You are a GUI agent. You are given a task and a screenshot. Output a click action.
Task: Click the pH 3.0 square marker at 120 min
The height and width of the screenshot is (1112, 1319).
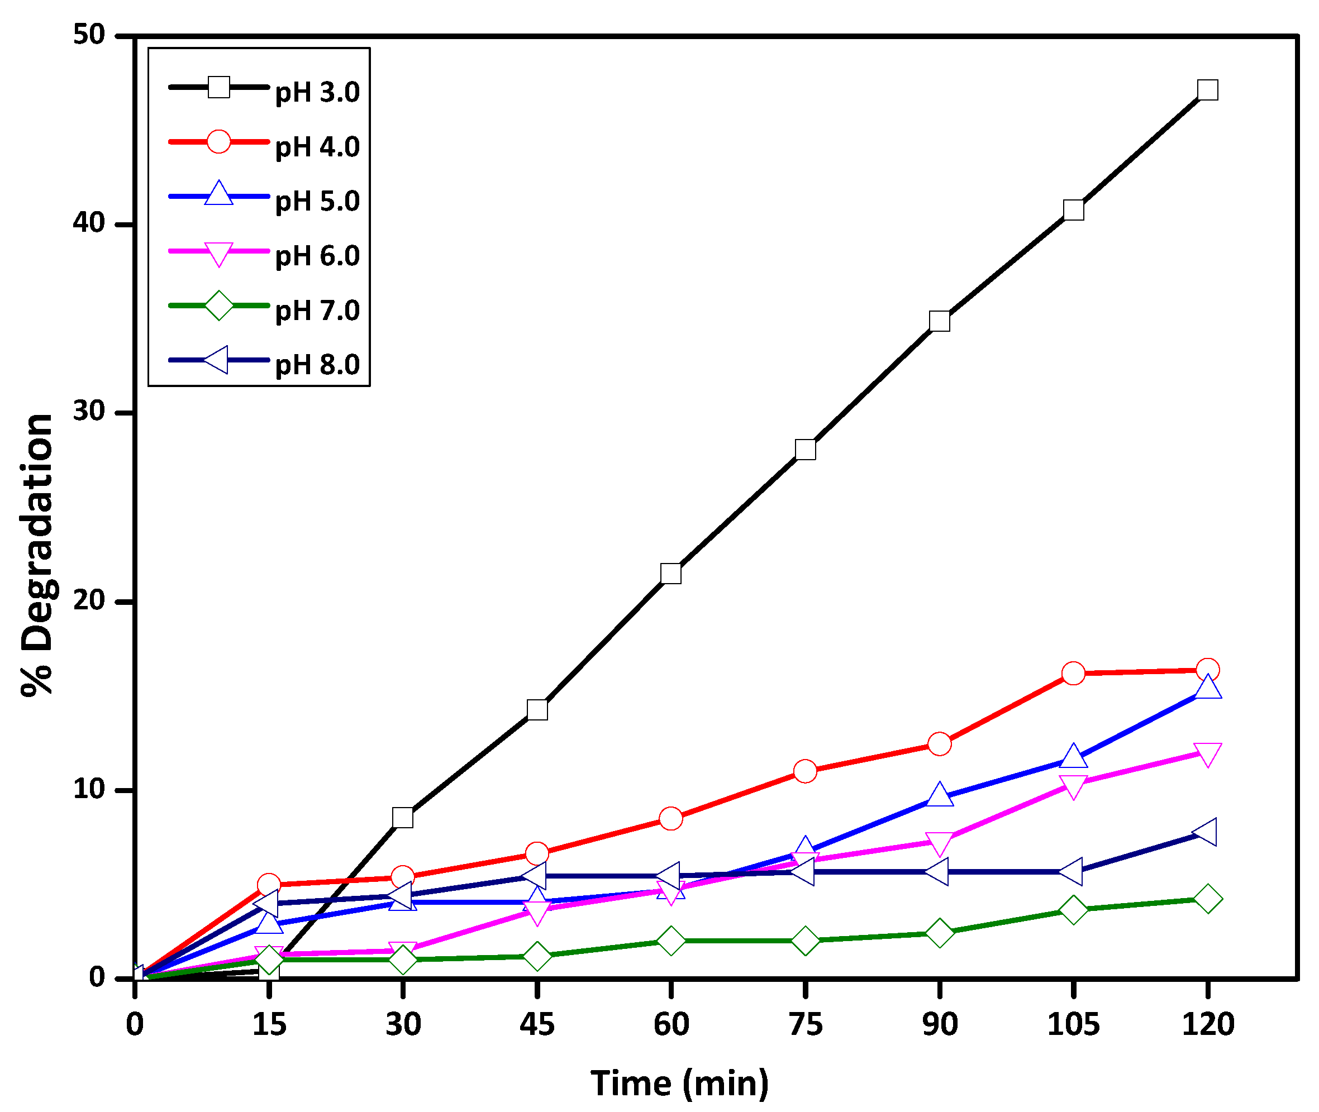point(1207,90)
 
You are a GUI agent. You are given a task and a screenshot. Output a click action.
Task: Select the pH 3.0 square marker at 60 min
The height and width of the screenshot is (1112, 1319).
point(671,574)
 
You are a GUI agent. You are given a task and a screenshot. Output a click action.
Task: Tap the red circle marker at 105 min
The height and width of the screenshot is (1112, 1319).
point(1073,673)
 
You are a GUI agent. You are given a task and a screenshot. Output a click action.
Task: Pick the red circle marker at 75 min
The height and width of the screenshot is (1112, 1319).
point(805,771)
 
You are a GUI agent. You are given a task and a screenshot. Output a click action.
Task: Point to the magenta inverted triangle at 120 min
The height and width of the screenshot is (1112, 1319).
point(1207,754)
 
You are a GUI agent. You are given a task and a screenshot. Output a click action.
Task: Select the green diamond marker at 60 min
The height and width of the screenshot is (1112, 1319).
point(671,941)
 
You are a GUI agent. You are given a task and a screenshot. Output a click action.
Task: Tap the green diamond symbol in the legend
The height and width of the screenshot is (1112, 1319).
point(219,306)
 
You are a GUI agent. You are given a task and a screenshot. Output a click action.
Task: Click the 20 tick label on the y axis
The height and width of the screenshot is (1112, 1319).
point(89,600)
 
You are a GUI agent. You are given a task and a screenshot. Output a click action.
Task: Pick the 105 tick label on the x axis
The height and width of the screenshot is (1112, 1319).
point(1073,1024)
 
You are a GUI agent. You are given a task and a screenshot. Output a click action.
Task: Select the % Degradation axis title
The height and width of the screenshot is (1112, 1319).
point(38,555)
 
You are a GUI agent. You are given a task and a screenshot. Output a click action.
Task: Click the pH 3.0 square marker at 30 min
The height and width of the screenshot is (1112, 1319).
point(402,818)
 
